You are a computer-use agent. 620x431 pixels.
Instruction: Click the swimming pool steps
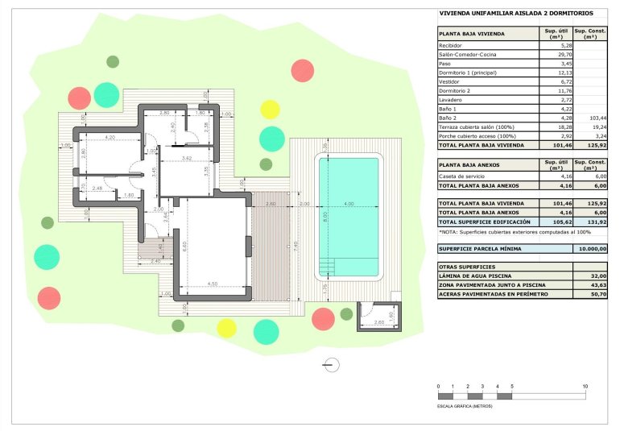(x=327, y=265)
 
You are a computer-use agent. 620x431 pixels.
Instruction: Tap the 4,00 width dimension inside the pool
(x=349, y=204)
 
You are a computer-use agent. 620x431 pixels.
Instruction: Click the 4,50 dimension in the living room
(x=213, y=283)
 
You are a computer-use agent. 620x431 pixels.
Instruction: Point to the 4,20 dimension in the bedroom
(x=110, y=138)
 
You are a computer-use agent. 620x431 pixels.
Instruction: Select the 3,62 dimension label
(x=186, y=158)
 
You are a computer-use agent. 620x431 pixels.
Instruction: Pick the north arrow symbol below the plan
(x=330, y=364)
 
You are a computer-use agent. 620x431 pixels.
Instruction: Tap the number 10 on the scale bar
(x=585, y=387)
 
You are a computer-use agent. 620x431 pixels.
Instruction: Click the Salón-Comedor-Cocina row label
(x=467, y=55)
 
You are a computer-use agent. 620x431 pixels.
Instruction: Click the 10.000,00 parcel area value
(x=592, y=250)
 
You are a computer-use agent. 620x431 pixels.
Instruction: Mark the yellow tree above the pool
(x=270, y=110)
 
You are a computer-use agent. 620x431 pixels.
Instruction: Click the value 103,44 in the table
(x=597, y=118)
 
